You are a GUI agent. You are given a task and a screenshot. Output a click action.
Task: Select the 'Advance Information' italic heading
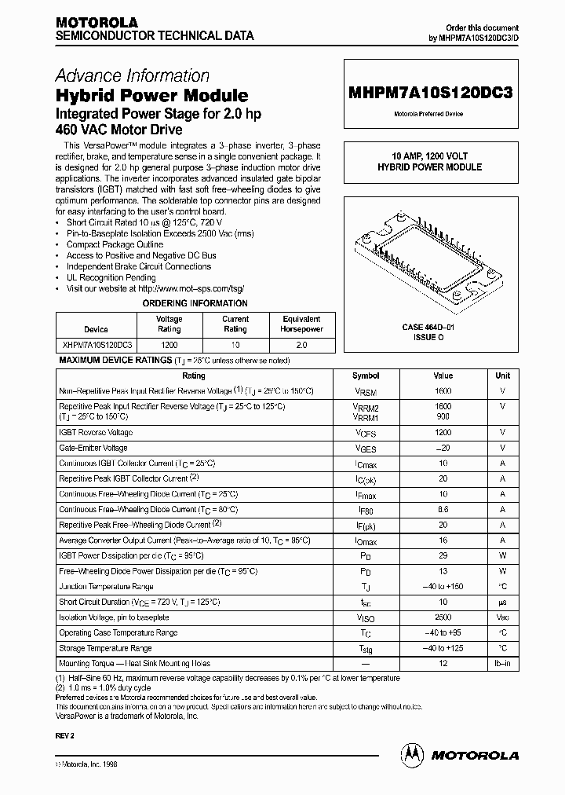tap(132, 75)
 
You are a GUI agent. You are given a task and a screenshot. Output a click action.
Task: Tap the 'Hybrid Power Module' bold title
tap(151, 96)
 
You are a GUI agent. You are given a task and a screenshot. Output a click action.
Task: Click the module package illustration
tap(428, 251)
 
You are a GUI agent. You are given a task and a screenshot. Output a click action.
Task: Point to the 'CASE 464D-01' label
tap(428, 326)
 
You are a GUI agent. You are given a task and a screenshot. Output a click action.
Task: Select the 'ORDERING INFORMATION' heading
tap(194, 303)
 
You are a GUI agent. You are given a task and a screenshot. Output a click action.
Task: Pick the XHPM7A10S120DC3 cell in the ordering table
tap(96, 345)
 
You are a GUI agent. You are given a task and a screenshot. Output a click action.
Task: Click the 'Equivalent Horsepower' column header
tap(301, 324)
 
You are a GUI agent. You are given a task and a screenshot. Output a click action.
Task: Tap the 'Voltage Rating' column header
tap(169, 324)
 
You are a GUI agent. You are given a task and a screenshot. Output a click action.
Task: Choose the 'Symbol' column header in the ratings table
tap(366, 376)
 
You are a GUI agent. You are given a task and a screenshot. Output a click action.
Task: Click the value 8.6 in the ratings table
tap(443, 510)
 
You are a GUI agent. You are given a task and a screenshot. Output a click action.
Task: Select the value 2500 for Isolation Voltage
tap(443, 618)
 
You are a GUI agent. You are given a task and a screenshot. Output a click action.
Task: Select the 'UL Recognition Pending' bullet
tap(111, 277)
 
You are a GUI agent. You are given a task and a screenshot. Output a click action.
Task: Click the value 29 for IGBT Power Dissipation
tap(443, 556)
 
